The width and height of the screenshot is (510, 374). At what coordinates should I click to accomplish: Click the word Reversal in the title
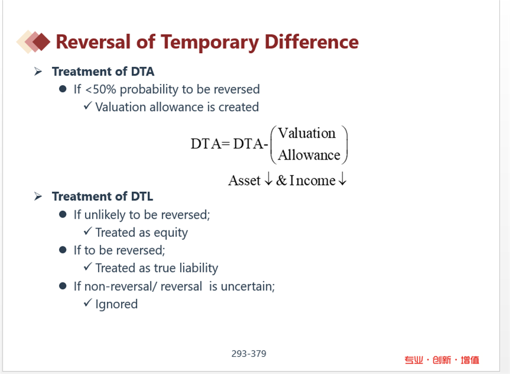coord(93,42)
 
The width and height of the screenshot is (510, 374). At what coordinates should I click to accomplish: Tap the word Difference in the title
coord(312,42)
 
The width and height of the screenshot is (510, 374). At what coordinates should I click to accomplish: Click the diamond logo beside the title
coord(34,41)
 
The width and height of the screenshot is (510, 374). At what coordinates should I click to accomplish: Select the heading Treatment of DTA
coord(103,71)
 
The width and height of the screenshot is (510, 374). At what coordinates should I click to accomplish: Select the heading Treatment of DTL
coord(103,197)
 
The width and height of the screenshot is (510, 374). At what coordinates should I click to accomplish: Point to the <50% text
coord(100,89)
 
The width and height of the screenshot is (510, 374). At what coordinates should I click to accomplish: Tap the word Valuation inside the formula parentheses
coord(306,133)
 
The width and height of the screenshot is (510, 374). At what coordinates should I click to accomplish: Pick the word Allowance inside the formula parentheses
coord(309,155)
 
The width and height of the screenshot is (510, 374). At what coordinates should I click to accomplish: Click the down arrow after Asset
coord(269,178)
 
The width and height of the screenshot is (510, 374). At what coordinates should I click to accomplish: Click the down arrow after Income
coord(342,178)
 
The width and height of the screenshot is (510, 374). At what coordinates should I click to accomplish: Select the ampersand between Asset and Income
coord(282,180)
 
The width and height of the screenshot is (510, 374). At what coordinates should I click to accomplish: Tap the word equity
coord(171,233)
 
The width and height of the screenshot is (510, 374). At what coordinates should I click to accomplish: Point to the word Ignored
coord(116,304)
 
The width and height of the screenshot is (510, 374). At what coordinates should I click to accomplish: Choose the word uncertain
coord(248,287)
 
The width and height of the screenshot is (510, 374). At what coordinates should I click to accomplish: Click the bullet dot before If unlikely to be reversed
coord(63,214)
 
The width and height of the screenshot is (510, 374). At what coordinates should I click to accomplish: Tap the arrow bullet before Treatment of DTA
coord(38,71)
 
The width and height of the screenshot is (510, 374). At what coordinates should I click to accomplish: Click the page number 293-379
coord(249,353)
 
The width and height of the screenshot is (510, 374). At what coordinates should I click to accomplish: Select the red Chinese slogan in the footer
coord(442,360)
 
